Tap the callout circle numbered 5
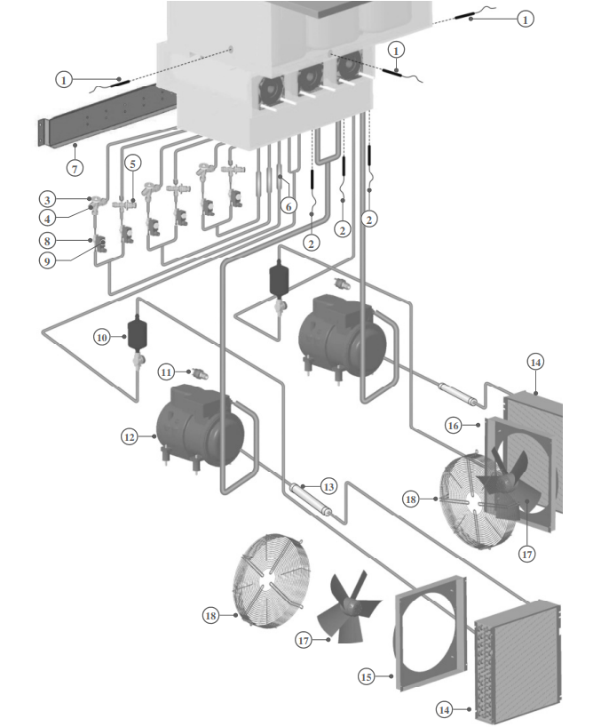(132, 163)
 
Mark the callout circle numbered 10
(101, 338)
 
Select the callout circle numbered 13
(329, 486)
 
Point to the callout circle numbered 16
(452, 427)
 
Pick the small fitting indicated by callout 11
(197, 372)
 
